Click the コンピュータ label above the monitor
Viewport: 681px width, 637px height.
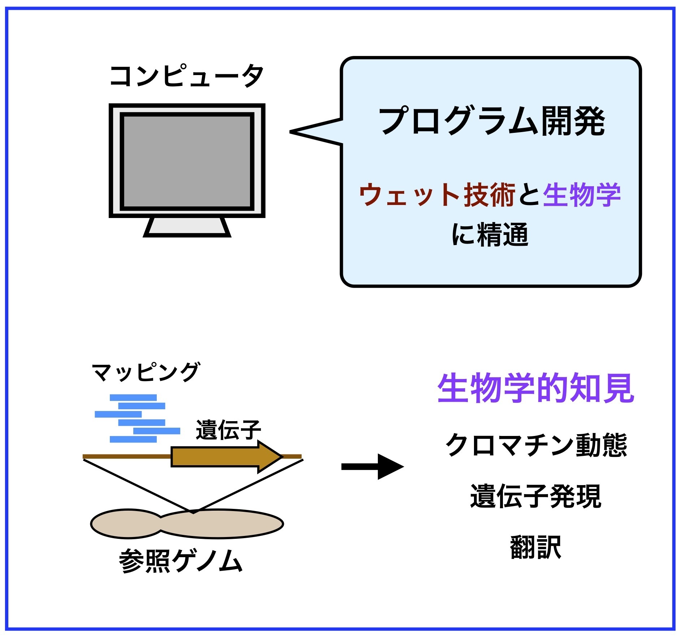(x=186, y=76)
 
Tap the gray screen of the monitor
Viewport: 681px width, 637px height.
(x=187, y=161)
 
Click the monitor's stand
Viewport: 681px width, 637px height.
(x=187, y=227)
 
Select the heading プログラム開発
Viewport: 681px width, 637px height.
(x=492, y=121)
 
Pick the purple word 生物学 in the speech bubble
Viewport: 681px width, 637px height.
(x=582, y=195)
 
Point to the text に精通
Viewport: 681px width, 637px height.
(x=490, y=235)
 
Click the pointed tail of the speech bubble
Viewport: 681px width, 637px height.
(x=291, y=132)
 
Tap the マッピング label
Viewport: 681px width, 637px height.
(x=146, y=372)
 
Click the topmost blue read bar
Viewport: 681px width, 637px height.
(x=133, y=397)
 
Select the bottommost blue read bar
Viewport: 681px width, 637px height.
(x=133, y=439)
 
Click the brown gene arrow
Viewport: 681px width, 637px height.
(x=227, y=457)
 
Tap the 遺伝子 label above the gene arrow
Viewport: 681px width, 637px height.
(x=228, y=430)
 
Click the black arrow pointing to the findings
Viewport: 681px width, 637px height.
(x=372, y=467)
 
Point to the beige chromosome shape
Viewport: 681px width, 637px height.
(x=187, y=524)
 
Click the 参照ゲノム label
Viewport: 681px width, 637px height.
(x=181, y=561)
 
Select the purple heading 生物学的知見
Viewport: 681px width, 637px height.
(x=536, y=388)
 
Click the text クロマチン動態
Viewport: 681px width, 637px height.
(x=536, y=445)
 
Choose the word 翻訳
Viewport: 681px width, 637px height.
(x=536, y=547)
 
